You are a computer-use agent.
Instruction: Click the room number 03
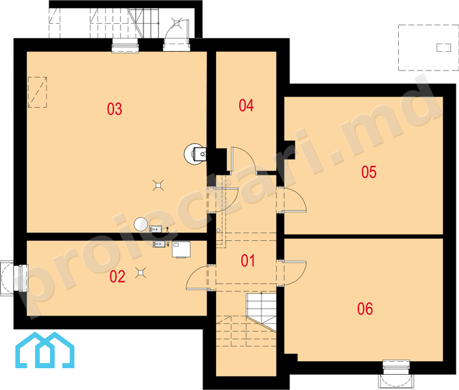pyautogui.click(x=115, y=109)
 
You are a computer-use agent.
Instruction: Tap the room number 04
pyautogui.click(x=246, y=106)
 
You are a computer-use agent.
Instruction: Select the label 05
pyautogui.click(x=369, y=172)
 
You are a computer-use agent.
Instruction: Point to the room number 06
pyautogui.click(x=365, y=309)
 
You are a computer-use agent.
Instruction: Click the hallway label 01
pyautogui.click(x=248, y=261)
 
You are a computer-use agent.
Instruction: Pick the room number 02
pyautogui.click(x=117, y=276)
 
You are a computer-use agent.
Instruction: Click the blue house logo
pyautogui.click(x=45, y=350)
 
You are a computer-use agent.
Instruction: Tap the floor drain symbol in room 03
pyautogui.click(x=158, y=185)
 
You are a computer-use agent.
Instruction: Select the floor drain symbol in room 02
pyautogui.click(x=141, y=272)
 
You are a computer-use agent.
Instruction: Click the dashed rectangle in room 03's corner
pyautogui.click(x=37, y=92)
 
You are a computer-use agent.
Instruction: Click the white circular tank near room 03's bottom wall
pyautogui.click(x=141, y=225)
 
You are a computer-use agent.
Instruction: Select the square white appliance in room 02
pyautogui.click(x=181, y=249)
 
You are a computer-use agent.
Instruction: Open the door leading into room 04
pyautogui.click(x=244, y=161)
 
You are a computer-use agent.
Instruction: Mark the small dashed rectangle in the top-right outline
pyautogui.click(x=444, y=47)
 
